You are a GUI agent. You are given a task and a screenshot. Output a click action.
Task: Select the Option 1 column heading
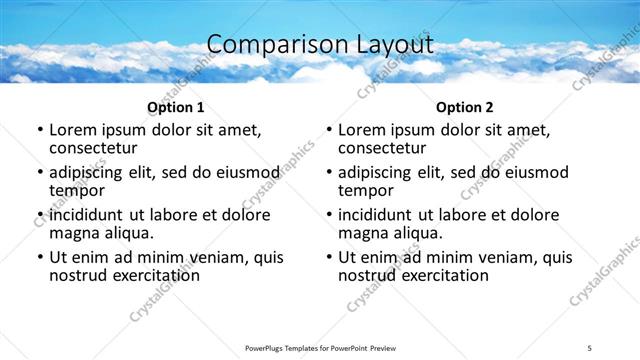coord(175,107)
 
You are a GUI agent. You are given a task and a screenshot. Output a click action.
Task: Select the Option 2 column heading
coord(464,107)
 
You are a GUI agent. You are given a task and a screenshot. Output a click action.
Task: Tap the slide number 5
coord(589,348)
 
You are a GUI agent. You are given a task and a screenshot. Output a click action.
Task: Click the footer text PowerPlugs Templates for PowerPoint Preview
coord(320,348)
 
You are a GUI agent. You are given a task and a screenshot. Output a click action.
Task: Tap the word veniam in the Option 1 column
coord(208,257)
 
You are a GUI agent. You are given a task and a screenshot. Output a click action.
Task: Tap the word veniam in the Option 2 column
coord(497,257)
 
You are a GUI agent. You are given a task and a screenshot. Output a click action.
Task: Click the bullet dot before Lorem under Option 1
coord(40,130)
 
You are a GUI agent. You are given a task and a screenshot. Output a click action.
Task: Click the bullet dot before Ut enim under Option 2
coord(329,258)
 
